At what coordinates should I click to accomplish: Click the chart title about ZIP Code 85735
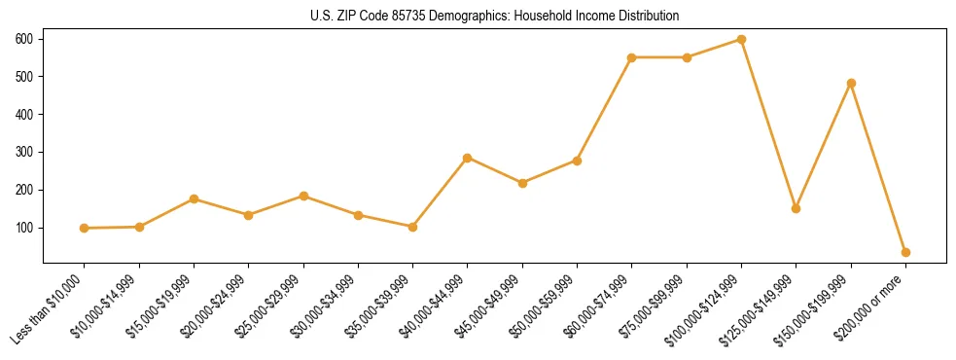click(478, 17)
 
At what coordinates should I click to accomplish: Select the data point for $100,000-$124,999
click(741, 40)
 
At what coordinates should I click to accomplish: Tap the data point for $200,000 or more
click(905, 252)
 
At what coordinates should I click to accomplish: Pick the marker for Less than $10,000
click(85, 228)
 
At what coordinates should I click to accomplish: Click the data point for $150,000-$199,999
click(851, 84)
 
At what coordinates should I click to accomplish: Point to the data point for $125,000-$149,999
click(796, 208)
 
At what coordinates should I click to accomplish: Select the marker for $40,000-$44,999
click(468, 158)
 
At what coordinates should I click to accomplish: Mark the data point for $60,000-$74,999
click(632, 57)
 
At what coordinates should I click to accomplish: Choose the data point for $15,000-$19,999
click(195, 198)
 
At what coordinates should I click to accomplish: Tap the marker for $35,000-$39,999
click(413, 227)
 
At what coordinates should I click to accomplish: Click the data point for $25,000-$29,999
click(303, 196)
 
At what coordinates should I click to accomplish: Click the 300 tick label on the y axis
click(23, 152)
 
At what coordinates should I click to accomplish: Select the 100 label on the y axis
click(23, 228)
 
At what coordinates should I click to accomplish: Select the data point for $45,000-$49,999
click(522, 183)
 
